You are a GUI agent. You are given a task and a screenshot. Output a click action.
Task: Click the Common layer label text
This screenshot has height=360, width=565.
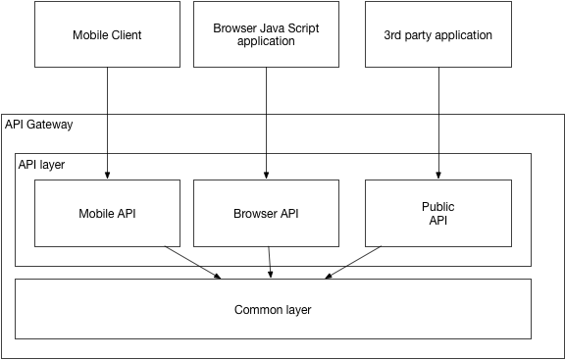tap(273, 310)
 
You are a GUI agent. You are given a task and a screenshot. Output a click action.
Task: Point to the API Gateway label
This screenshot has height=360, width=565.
tap(39, 125)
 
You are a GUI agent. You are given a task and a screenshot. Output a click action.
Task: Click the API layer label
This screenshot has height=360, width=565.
tap(41, 164)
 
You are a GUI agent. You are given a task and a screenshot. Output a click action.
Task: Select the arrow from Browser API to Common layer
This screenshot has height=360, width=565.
tap(270, 262)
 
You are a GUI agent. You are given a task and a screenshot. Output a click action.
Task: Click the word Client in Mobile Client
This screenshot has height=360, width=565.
tap(125, 35)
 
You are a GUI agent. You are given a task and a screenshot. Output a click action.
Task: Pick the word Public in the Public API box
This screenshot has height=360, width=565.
tap(438, 207)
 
